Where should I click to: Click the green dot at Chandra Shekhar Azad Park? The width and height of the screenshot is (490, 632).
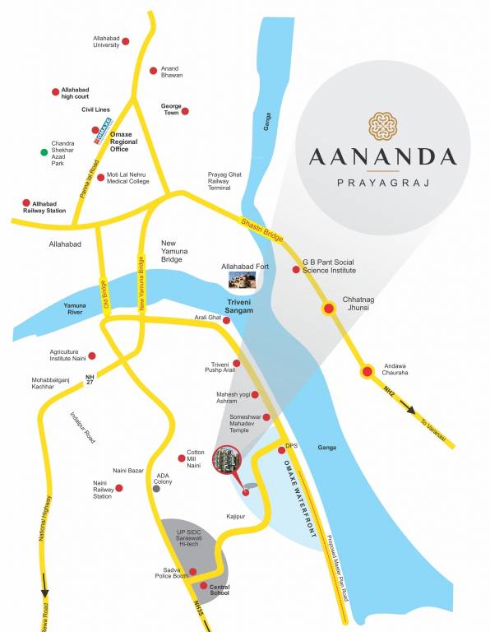click(44, 152)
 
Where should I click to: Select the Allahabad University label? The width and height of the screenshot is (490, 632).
click(106, 41)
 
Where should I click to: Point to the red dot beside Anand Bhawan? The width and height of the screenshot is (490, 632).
click(153, 72)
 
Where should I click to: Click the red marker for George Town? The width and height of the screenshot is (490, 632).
click(185, 111)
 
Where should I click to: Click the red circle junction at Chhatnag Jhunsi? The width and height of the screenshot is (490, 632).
click(329, 309)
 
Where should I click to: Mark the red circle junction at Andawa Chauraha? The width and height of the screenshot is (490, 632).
click(367, 372)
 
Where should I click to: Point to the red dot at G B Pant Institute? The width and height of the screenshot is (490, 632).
click(296, 269)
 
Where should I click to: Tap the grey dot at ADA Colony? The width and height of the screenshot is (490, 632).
click(156, 488)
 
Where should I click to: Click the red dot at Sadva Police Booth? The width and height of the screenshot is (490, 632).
click(193, 572)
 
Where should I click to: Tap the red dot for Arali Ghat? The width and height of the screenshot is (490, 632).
click(227, 319)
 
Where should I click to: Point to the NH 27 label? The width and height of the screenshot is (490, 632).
click(90, 379)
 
